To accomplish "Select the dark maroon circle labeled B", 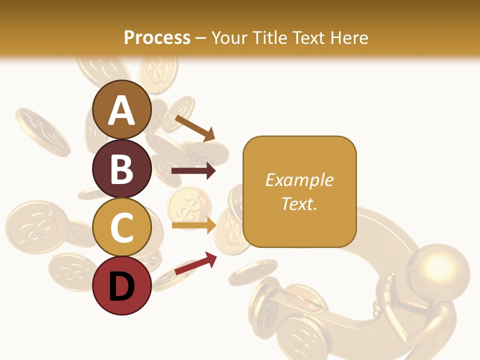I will tap(122, 168).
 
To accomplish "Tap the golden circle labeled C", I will tap(122, 227).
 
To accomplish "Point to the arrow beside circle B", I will tap(193, 171).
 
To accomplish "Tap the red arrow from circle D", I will tap(195, 263).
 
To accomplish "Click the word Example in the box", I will tap(299, 180).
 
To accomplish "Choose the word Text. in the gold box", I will tap(299, 203).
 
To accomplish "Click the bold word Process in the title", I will tap(157, 37).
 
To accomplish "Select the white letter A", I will tap(122, 111).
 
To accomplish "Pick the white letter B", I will tap(122, 169).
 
